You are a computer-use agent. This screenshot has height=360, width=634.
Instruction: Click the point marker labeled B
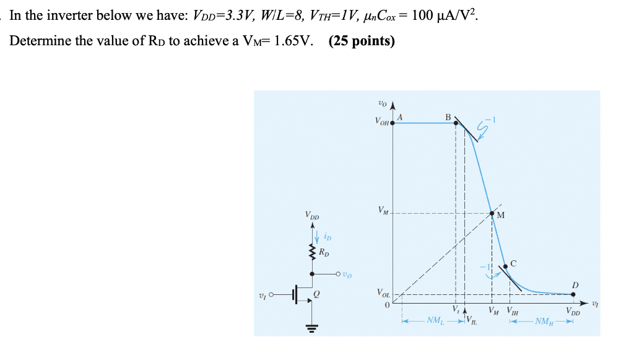click(x=456, y=123)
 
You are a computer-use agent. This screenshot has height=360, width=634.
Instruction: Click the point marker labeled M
click(x=492, y=214)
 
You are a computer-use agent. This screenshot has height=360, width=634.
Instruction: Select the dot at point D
click(x=573, y=294)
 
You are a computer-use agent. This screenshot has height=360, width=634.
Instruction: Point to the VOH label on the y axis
click(x=382, y=123)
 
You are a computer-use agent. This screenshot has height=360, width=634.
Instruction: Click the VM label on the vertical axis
click(x=383, y=211)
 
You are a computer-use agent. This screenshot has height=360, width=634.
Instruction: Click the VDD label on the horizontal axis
click(x=573, y=310)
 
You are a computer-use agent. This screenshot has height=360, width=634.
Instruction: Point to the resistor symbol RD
click(x=312, y=252)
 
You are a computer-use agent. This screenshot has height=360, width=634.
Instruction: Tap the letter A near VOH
click(x=400, y=116)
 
